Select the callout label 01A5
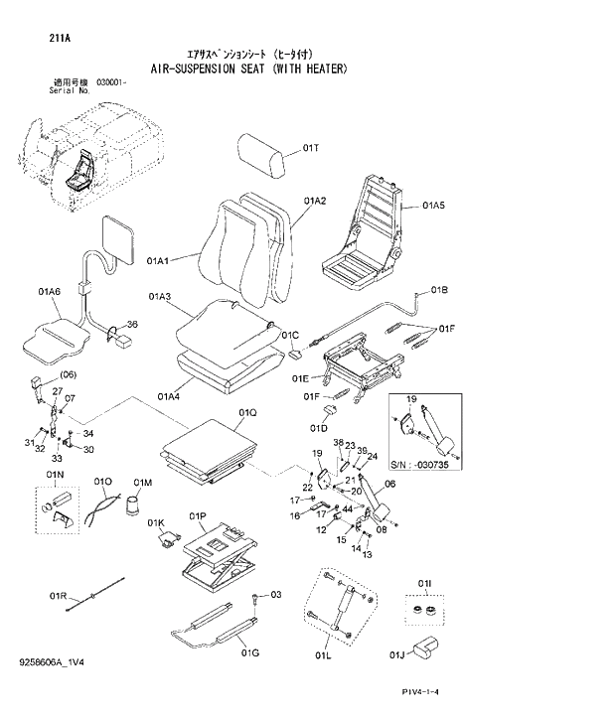[434, 206]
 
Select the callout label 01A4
[168, 397]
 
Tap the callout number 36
[132, 325]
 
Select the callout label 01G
[251, 652]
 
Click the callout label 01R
[58, 596]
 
